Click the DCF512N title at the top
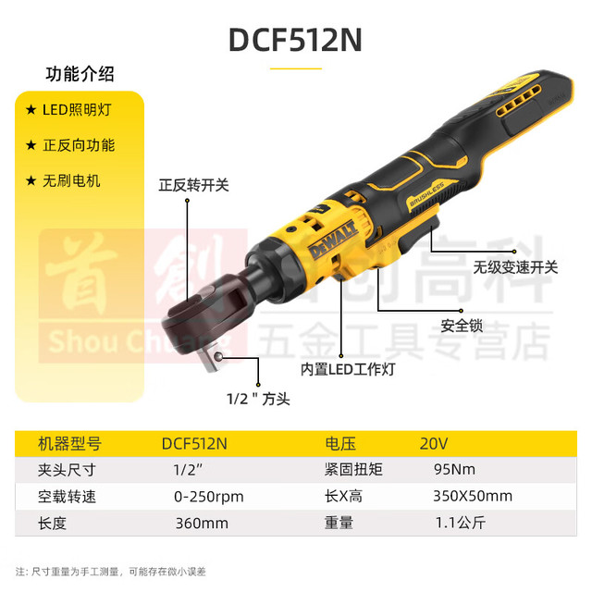point(295,40)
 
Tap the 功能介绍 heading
point(80,74)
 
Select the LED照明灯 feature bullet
point(68,110)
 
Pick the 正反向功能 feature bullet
point(70,145)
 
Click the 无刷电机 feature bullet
point(63,181)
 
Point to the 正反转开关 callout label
point(193,185)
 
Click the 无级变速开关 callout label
point(515,267)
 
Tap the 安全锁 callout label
point(462,326)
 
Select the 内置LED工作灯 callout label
point(348,369)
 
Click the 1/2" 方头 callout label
point(258,399)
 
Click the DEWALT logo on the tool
point(333,240)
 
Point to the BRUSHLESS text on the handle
point(427,193)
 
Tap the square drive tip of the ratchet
point(210,360)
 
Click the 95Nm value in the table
point(454,470)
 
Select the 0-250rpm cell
point(209,497)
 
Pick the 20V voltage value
point(434,444)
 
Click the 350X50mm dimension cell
point(473,496)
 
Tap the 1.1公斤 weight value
point(461,523)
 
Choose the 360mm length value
point(202,524)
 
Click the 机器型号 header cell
point(70,444)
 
